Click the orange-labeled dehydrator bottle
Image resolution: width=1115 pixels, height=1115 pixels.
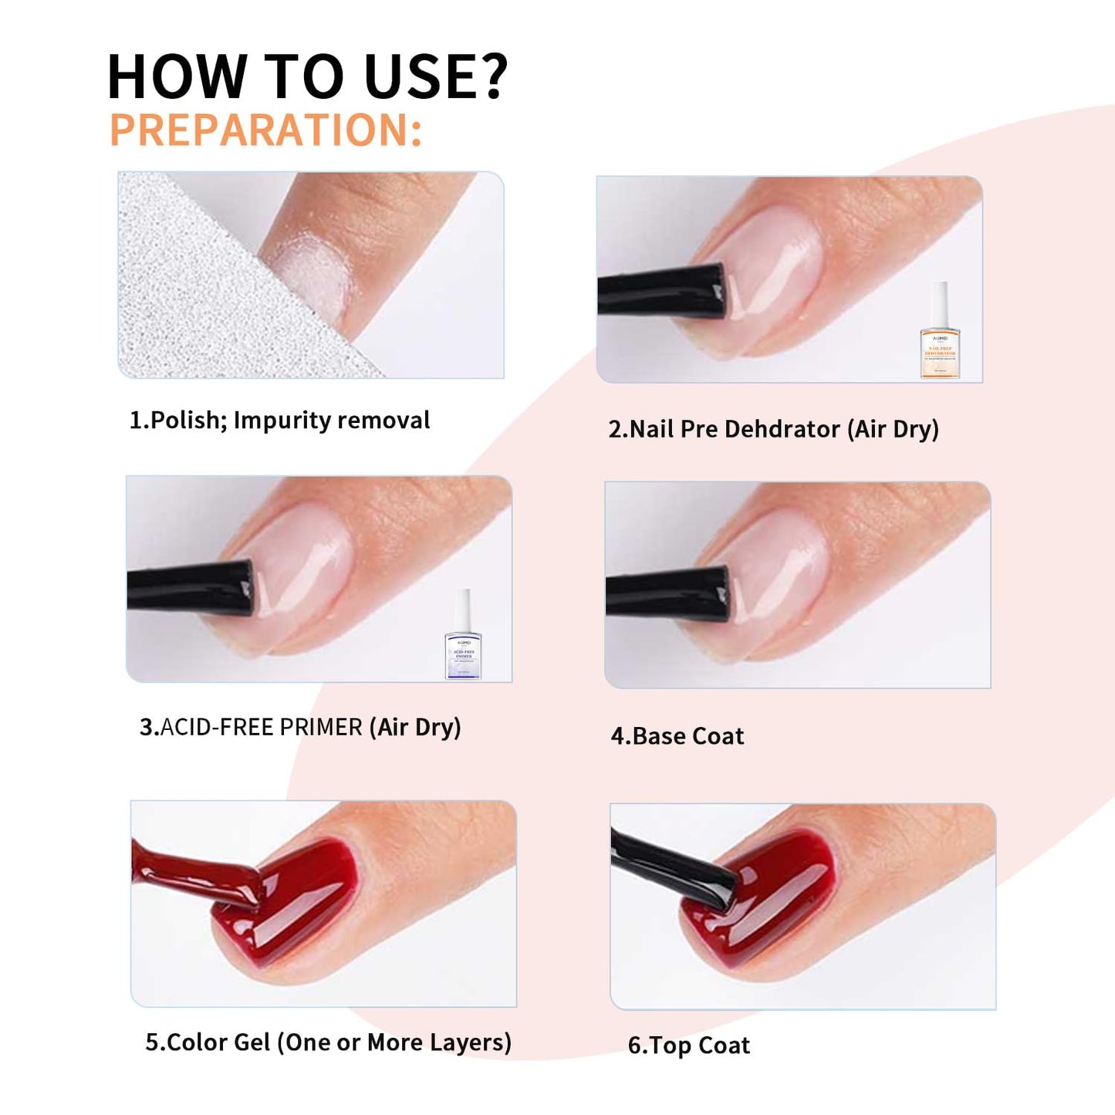click(939, 333)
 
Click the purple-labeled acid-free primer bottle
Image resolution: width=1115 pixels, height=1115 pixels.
click(463, 637)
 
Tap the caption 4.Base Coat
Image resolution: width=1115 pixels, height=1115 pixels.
click(677, 736)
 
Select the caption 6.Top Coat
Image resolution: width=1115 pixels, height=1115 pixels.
click(688, 1046)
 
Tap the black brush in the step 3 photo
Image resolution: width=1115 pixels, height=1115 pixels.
click(190, 588)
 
